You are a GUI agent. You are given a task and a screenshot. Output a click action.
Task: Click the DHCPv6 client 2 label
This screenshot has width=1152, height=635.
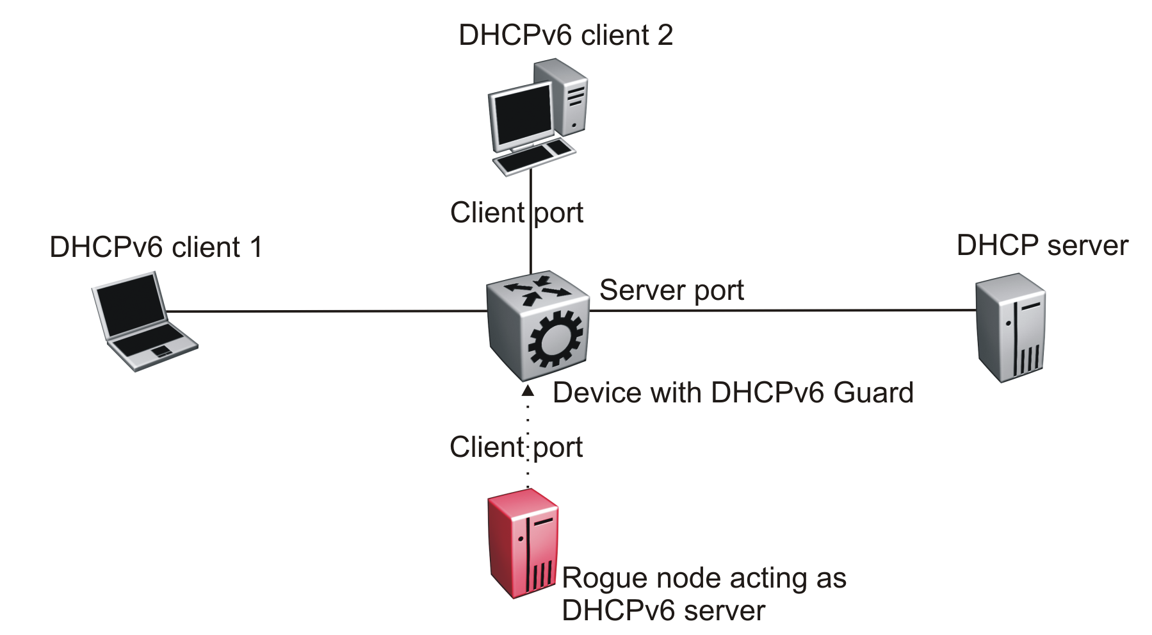coord(565,35)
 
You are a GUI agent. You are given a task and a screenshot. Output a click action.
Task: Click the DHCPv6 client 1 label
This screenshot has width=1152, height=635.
coord(156,247)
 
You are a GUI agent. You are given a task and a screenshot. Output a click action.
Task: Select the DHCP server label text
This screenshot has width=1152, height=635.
coord(1042,246)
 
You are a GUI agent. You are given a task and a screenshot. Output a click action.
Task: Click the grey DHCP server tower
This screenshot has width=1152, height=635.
coord(1010,327)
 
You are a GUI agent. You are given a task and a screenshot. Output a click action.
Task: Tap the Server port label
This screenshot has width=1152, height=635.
coord(671,290)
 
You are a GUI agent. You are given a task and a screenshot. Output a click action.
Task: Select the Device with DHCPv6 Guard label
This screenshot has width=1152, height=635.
coord(733,393)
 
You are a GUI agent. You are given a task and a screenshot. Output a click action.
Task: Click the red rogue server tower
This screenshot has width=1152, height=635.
coord(523,543)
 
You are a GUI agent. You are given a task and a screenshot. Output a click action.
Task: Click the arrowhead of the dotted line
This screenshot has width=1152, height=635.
coord(528,390)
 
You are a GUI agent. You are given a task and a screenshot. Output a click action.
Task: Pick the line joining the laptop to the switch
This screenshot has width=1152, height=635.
coord(327,311)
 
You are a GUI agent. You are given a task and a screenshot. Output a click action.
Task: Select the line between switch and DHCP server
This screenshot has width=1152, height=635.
coord(781,310)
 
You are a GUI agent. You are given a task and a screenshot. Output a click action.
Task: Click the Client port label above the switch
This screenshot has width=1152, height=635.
coord(516,213)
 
